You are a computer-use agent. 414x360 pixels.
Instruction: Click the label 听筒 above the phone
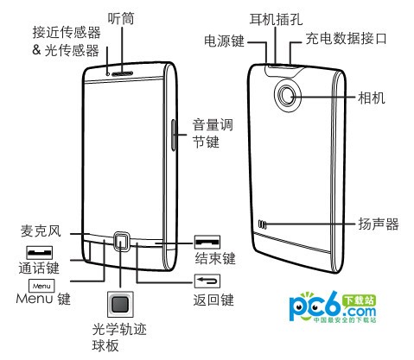[x=121, y=19]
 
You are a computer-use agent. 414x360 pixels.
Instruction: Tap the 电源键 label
[x=224, y=41]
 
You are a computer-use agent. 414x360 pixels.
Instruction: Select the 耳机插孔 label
[x=276, y=19]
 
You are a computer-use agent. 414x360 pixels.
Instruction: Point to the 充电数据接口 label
[x=346, y=38]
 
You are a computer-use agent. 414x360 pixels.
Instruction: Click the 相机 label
[x=372, y=98]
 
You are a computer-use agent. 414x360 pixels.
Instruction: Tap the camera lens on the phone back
[x=288, y=95]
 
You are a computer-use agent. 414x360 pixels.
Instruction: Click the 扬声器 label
[x=379, y=224]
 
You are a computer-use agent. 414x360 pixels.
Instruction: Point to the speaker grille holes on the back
[x=262, y=224]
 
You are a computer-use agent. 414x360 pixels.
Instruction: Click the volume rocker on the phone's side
[x=174, y=135]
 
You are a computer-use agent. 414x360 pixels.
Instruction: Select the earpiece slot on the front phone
[x=123, y=73]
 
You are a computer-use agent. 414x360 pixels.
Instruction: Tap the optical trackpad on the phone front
[x=121, y=241]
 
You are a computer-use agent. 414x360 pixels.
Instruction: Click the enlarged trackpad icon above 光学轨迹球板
[x=120, y=305]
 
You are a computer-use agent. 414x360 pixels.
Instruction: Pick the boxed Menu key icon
[x=41, y=286]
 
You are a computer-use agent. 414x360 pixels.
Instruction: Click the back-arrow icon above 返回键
[x=207, y=281]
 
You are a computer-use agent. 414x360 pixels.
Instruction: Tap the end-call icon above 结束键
[x=207, y=242]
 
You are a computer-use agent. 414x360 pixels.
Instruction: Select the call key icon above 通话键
[x=40, y=253]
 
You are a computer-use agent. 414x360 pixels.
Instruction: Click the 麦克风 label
[x=41, y=231]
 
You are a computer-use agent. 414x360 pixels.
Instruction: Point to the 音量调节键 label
[x=213, y=134]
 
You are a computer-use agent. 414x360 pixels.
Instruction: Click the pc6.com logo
[x=333, y=307]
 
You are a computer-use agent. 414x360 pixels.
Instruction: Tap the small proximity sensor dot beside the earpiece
[x=108, y=74]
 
